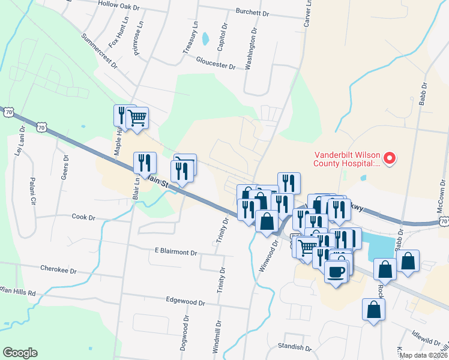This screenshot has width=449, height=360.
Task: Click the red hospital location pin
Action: pyautogui.click(x=390, y=158)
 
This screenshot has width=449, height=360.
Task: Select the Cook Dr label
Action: pyautogui.click(x=83, y=216)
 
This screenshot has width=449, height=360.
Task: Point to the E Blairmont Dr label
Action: pyautogui.click(x=176, y=252)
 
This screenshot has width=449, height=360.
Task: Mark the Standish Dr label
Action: pyautogui.click(x=294, y=347)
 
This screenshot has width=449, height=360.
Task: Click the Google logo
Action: pyautogui.click(x=20, y=353)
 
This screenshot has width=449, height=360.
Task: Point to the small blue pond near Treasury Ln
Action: pyautogui.click(x=206, y=39)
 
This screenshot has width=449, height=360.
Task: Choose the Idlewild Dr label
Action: pyautogui.click(x=426, y=340)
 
